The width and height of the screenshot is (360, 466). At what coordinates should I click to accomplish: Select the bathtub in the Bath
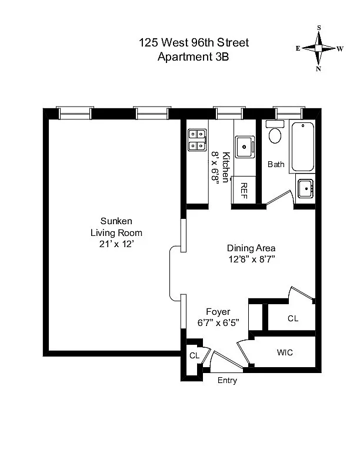pos(303,147)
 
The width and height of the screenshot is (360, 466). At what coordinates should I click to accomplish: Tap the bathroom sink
pos(306,188)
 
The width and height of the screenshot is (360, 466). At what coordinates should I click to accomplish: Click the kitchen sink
pos(245,147)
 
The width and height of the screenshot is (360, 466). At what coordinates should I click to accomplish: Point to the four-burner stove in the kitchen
pos(197,140)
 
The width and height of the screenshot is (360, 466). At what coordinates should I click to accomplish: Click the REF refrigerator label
pos(244,191)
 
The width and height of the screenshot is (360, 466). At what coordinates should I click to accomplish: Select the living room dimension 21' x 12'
pos(116,244)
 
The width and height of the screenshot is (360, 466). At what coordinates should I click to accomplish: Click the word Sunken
pos(116,221)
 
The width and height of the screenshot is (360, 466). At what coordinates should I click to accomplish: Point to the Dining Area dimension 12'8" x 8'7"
pos(251,259)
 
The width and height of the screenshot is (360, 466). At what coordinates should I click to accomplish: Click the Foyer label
pos(218,312)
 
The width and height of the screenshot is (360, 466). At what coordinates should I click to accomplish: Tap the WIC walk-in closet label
pos(285,352)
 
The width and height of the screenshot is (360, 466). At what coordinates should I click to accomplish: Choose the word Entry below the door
pos(227,381)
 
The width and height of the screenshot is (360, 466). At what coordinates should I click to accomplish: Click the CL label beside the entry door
pos(195,355)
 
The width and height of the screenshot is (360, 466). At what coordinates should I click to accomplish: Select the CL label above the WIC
pos(293,318)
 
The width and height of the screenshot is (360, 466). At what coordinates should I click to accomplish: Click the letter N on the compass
pos(318,69)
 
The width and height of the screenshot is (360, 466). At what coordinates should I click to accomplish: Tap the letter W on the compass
pos(340,49)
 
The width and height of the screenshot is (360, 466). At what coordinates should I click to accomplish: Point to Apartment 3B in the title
pos(194,56)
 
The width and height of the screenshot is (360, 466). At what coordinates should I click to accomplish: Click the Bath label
pos(276,164)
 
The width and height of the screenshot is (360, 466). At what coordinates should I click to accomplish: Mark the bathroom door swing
pos(279,197)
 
